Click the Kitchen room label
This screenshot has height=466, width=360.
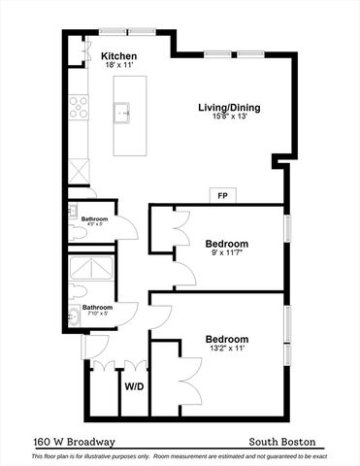pos(118,56)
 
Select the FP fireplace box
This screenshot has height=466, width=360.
pos(222,195)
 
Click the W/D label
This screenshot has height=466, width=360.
pos(134,385)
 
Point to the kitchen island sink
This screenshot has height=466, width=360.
pos(124,114)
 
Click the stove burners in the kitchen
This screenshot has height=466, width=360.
pos(78,106)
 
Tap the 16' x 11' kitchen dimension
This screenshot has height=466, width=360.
pos(118,66)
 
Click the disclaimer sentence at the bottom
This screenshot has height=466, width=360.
pos(180,455)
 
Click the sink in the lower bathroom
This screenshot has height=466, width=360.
pos(75,316)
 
